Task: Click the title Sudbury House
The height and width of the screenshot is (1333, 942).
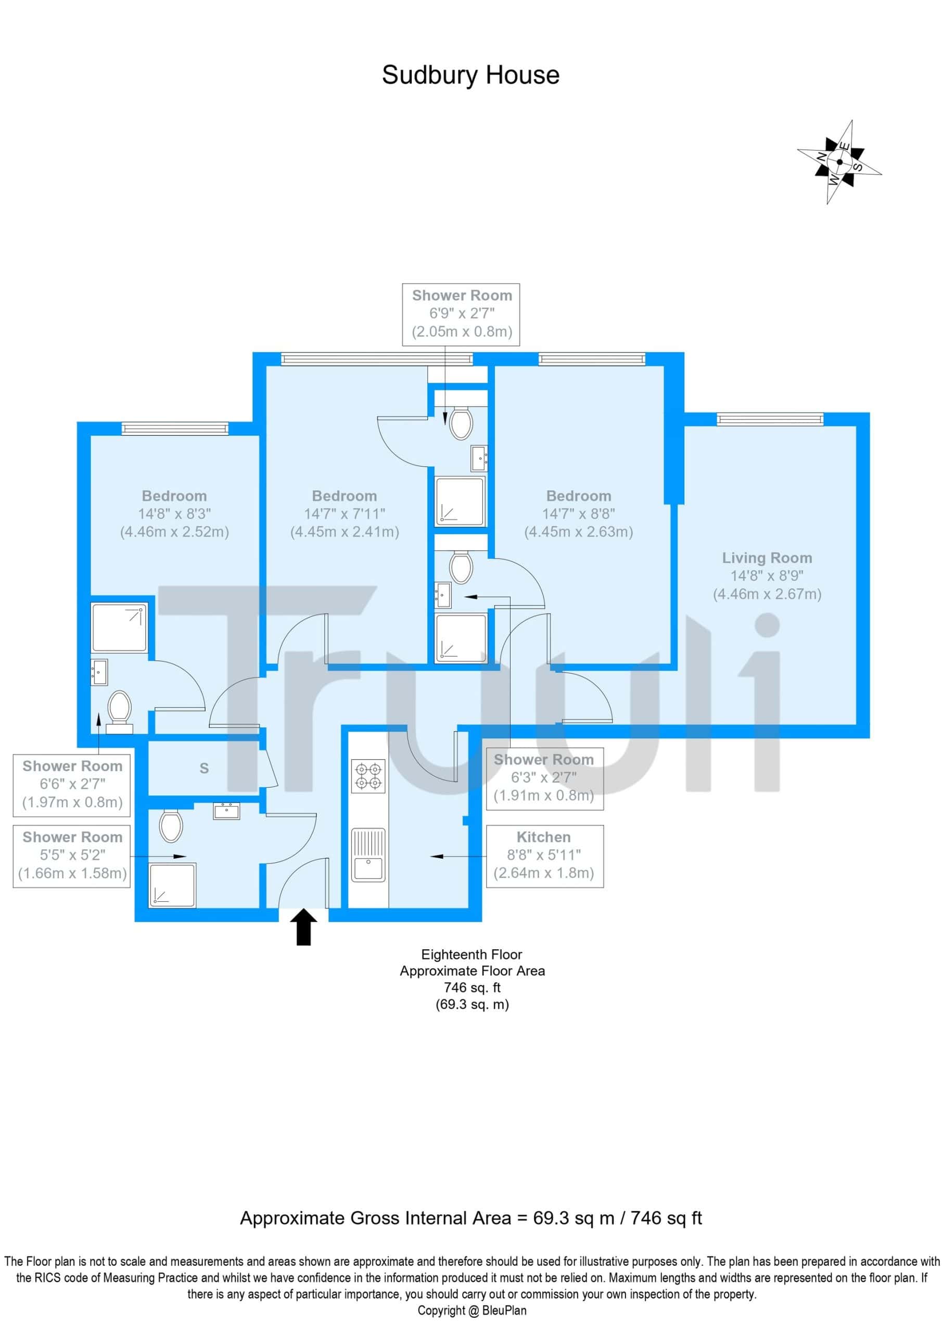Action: coord(470,75)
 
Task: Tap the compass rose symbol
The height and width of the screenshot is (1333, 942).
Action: coord(839,162)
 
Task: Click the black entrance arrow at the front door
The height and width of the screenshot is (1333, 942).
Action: coord(303,927)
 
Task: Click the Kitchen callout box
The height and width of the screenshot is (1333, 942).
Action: coord(544,856)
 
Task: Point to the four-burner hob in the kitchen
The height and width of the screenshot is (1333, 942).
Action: coord(368,776)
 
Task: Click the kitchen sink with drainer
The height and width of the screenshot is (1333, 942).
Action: coord(368,854)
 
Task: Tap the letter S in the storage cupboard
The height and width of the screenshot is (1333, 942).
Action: coord(203,768)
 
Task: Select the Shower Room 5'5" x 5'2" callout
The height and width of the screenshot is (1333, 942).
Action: coord(72,856)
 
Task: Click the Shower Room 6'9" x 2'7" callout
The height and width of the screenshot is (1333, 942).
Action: coord(462,314)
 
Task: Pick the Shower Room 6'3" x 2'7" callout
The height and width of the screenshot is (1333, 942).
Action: coord(544,778)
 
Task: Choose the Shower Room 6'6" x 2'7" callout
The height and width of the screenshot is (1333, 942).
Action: coord(72,785)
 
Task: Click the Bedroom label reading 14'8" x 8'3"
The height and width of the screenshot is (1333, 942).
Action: coord(174,514)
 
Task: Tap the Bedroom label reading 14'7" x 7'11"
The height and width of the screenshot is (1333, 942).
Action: coord(344,514)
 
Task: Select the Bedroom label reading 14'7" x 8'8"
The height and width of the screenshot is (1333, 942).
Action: coord(579,514)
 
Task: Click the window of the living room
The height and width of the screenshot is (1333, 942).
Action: coord(770,419)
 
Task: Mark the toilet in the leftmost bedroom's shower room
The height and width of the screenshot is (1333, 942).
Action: coord(120,712)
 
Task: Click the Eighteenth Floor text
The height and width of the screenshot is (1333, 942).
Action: coord(472,954)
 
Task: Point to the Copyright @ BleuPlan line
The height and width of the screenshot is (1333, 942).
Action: coord(472,1310)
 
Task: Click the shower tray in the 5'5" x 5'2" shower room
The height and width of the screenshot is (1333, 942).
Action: coord(172,885)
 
